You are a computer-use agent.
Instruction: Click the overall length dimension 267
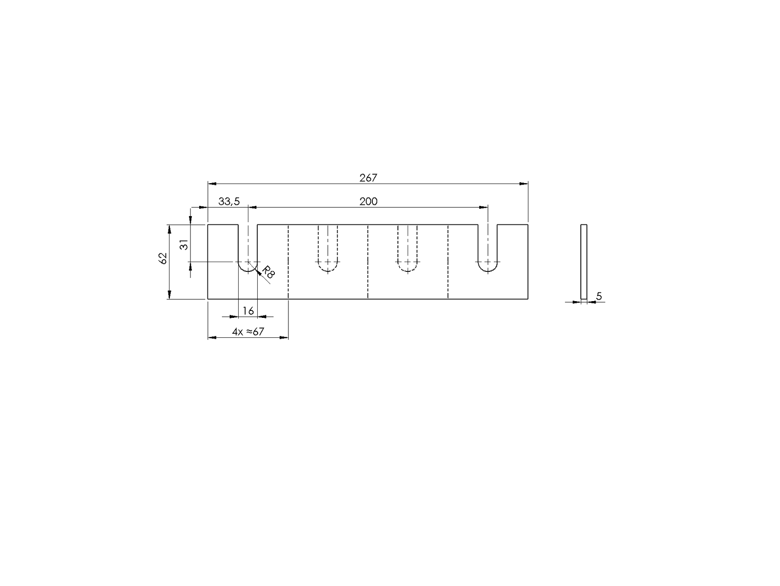tap(368, 178)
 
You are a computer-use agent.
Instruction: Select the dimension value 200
tap(368, 201)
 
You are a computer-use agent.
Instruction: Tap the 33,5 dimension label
tap(228, 201)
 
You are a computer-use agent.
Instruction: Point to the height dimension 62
tap(163, 258)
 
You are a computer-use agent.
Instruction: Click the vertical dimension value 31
tap(185, 245)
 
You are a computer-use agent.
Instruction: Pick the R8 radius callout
tap(268, 273)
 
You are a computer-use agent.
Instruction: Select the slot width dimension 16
tap(248, 311)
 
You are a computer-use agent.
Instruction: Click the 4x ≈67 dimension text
tap(248, 332)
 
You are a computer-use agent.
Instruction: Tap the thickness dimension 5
tap(599, 296)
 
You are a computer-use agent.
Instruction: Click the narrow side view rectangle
tap(584, 261)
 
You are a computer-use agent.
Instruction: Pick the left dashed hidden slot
tap(328, 251)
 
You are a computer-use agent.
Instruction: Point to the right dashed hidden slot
tap(408, 251)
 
